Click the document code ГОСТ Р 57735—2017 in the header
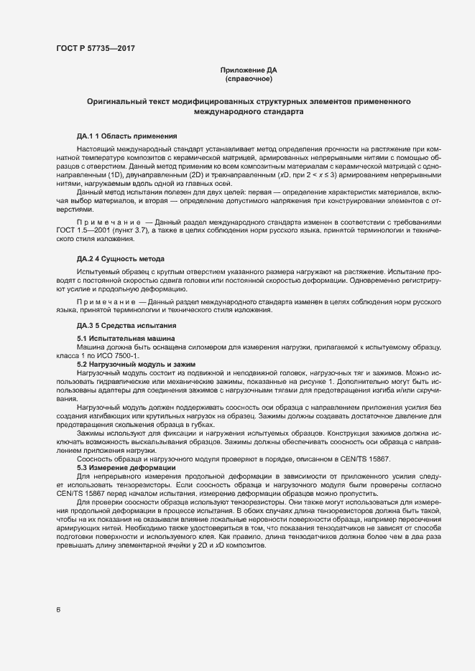click(x=95, y=49)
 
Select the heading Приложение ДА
click(x=248, y=70)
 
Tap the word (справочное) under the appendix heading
click(x=248, y=79)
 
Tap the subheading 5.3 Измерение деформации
click(x=126, y=468)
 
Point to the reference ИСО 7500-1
click(x=121, y=356)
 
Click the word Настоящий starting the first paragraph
click(x=96, y=148)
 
